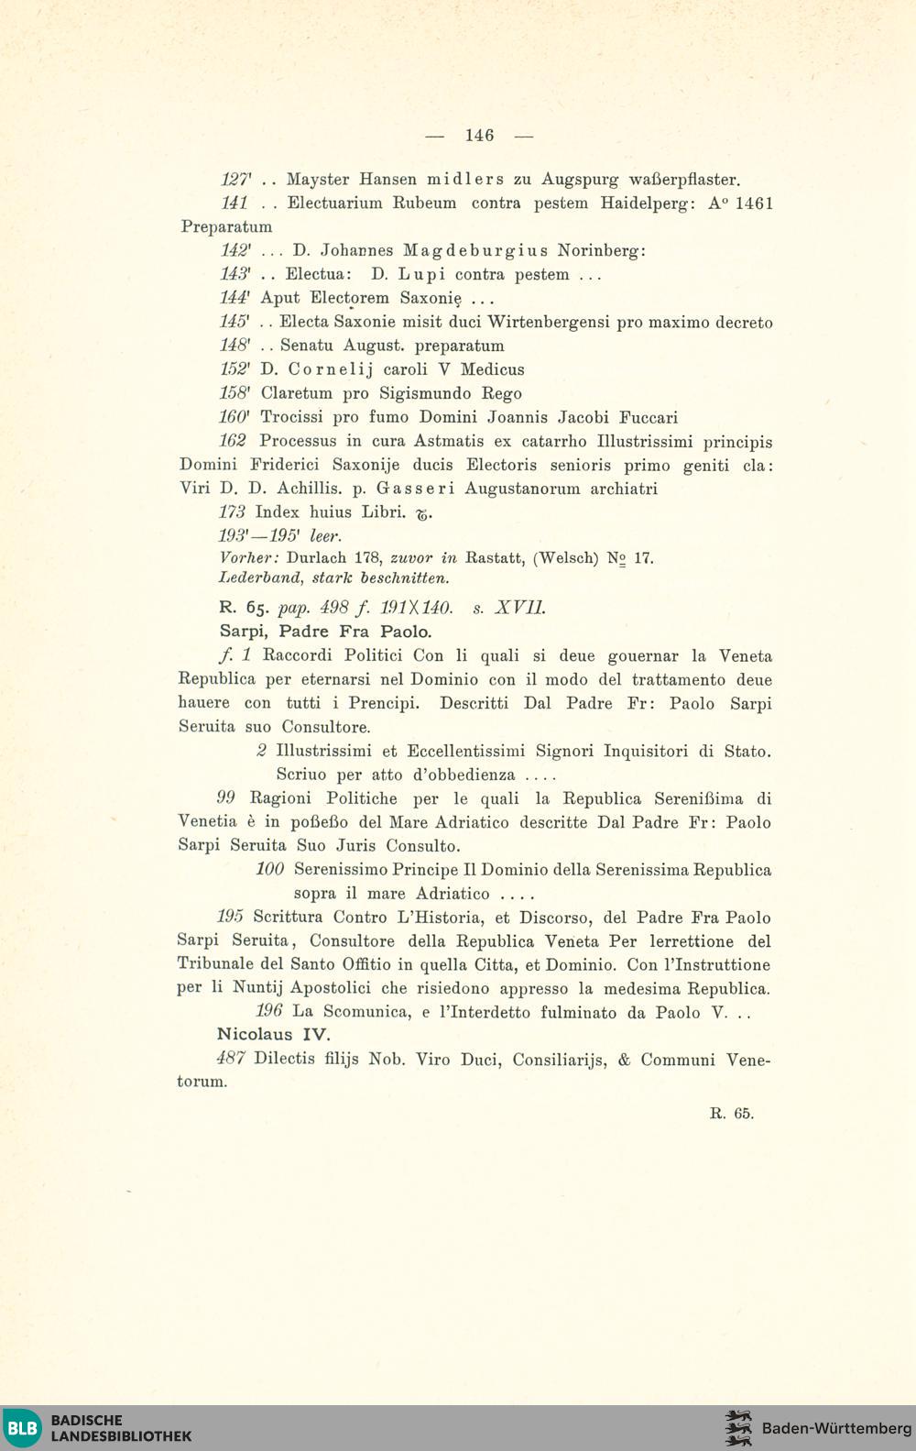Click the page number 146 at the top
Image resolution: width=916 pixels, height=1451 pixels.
point(479,136)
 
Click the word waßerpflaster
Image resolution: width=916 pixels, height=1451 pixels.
point(685,180)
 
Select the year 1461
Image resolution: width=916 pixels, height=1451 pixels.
point(754,203)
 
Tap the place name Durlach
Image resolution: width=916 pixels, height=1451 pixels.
point(317,557)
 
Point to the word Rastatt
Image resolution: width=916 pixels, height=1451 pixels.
point(495,557)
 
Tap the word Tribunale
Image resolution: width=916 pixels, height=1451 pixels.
point(216,965)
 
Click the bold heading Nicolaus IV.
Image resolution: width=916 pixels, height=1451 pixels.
point(273,1035)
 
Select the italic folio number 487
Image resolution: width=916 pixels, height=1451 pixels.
point(231,1059)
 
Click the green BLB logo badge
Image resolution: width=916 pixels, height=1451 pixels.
point(22,1428)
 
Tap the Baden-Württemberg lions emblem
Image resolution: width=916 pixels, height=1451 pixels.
point(737,1428)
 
